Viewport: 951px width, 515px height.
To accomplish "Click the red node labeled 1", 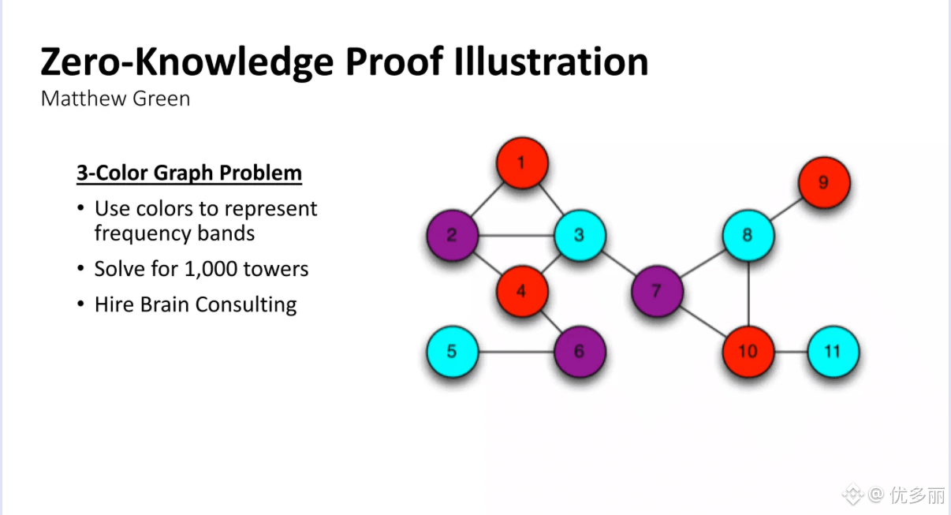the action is (x=521, y=164).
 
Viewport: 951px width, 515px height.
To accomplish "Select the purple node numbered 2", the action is (x=452, y=235).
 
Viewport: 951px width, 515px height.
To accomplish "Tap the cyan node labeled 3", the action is (x=580, y=235).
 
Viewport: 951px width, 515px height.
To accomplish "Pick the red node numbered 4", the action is (x=521, y=291).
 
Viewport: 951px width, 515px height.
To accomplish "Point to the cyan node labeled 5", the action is (x=452, y=351).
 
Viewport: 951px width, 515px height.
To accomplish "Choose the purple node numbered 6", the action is (x=580, y=351).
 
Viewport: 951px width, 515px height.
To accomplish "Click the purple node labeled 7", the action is (x=657, y=291).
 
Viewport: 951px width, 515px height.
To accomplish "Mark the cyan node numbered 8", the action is (x=748, y=235).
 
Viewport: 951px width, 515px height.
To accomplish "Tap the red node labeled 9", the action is (x=823, y=183).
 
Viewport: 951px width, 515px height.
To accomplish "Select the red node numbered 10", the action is (x=748, y=351).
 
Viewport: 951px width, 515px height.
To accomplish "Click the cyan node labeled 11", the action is (x=833, y=351).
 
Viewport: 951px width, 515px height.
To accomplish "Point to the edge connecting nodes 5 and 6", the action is (x=516, y=351).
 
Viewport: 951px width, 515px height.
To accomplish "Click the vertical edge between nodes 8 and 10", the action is (x=748, y=293).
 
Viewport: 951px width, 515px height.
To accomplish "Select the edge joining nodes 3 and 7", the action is (x=618, y=263).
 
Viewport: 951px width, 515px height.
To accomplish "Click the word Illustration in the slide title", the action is (x=551, y=62).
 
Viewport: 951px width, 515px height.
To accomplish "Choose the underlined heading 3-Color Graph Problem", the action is (x=189, y=173).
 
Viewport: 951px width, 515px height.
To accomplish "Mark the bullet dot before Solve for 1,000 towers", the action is (x=80, y=269).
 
